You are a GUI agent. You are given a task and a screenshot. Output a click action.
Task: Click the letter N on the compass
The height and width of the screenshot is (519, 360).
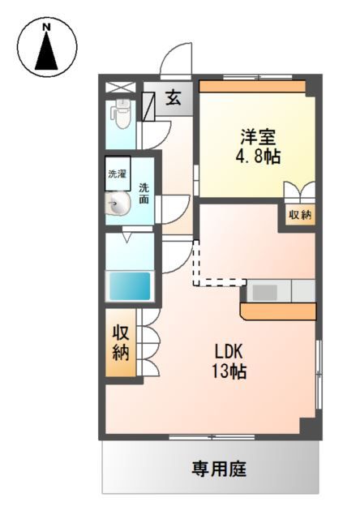point(47,27)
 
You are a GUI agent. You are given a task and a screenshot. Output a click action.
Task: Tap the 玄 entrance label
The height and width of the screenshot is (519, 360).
point(174,99)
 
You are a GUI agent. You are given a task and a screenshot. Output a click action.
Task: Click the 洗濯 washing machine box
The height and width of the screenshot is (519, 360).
point(118,173)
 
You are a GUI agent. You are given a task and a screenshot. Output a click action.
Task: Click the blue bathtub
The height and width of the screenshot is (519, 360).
point(130,285)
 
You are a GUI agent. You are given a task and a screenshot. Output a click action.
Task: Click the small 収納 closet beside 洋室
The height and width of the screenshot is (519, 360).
point(300,215)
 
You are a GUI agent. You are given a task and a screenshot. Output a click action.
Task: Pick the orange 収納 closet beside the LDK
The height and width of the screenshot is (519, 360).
point(121,342)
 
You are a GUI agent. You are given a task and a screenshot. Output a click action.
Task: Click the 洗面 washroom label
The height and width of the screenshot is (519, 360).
point(144,195)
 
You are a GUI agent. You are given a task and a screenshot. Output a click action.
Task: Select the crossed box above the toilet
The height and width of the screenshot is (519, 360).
point(122,86)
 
